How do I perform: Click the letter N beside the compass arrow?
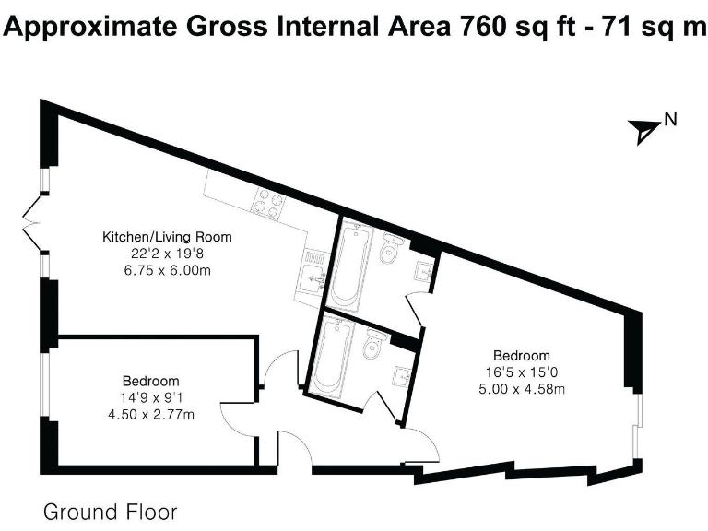[671, 118]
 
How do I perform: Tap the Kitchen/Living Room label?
[167, 237]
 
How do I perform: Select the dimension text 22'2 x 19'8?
[167, 253]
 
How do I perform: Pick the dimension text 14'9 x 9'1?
[150, 396]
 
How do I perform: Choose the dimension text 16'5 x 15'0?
[522, 372]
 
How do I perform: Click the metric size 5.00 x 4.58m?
[522, 388]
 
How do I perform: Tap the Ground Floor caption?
[110, 512]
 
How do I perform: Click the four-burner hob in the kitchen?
[267, 204]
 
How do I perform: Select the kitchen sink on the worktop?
[312, 272]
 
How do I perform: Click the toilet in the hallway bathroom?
[373, 345]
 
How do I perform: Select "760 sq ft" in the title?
[512, 27]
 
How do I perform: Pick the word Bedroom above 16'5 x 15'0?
[522, 356]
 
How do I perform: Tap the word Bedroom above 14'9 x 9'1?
[150, 380]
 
